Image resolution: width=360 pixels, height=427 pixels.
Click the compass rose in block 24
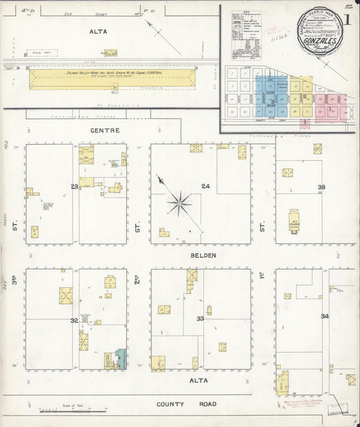click(x=180, y=201)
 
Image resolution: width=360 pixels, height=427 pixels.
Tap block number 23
click(x=74, y=186)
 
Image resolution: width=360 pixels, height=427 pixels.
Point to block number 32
click(x=74, y=321)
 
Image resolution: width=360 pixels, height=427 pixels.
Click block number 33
click(x=201, y=318)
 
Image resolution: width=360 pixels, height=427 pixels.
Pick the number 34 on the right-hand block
click(x=325, y=316)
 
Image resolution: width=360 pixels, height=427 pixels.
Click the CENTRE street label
click(x=105, y=130)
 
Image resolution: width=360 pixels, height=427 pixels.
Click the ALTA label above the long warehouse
click(x=99, y=31)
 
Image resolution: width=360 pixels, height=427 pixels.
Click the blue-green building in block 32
click(x=121, y=358)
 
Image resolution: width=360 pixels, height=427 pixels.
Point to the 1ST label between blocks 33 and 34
click(x=263, y=279)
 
